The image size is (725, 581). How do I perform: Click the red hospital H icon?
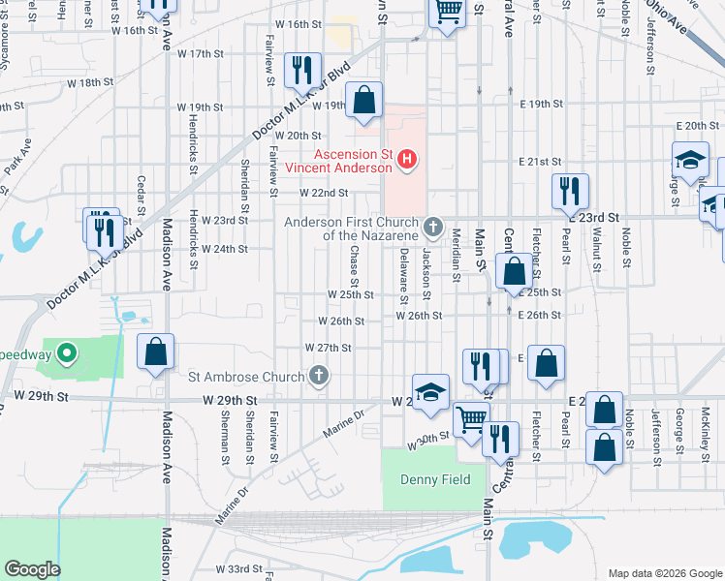(x=408, y=158)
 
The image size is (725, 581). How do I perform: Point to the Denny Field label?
(x=435, y=479)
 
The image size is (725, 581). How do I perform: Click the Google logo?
(x=32, y=568)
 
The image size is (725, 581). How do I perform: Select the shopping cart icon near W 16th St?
(x=447, y=13)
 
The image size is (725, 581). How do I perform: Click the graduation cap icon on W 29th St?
(x=431, y=391)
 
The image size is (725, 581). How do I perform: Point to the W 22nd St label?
(x=323, y=194)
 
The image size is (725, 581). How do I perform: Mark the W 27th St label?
(x=328, y=347)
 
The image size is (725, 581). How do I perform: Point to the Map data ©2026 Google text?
(x=664, y=572)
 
